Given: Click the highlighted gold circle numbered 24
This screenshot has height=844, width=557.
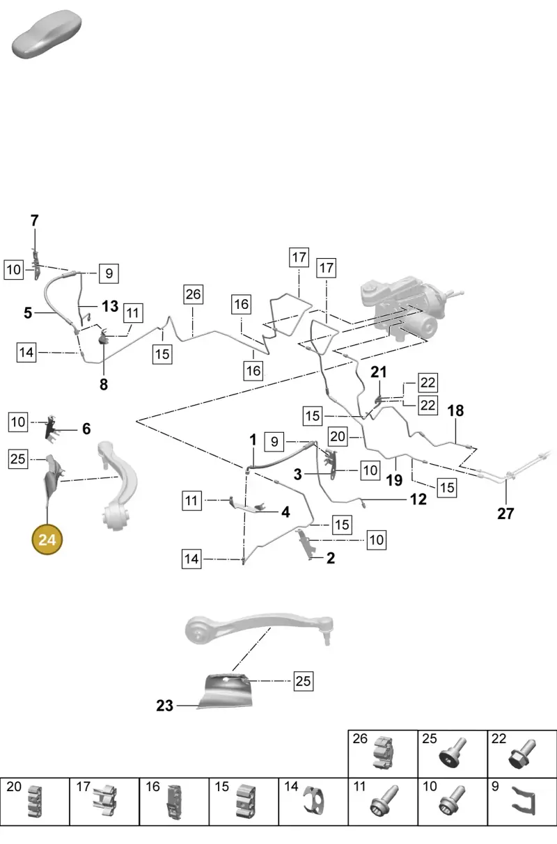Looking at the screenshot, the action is (47, 539).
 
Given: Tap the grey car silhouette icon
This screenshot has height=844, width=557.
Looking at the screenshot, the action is (47, 34).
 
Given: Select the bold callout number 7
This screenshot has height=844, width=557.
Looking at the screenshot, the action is (34, 221).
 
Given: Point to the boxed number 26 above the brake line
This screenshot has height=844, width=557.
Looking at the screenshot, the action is (194, 294).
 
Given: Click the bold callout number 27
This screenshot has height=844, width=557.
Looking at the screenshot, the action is (505, 513).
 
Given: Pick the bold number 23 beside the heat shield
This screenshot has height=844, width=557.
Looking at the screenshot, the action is (165, 706).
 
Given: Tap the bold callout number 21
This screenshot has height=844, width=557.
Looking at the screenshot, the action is (379, 372).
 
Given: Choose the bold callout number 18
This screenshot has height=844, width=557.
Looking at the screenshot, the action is (455, 411).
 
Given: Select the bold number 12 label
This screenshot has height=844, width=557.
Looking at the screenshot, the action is (418, 500).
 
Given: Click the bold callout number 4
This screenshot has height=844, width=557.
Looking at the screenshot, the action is (286, 512).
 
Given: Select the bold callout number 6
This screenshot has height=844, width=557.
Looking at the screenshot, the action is (86, 429).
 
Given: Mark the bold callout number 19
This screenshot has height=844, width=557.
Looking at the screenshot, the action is (394, 480).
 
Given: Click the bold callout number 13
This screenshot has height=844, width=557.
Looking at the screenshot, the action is (110, 306).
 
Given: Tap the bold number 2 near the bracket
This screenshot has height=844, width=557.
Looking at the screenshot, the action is (331, 558).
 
